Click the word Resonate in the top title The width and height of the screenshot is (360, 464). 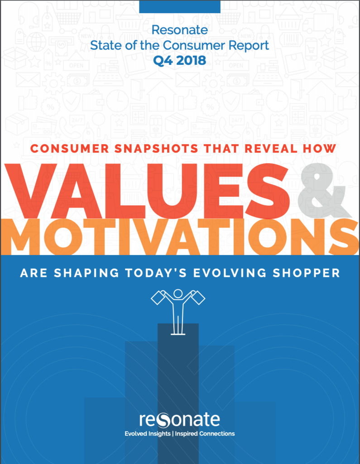[180, 30]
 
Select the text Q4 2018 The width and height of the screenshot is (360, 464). [180, 61]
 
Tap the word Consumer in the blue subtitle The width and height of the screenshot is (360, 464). [193, 45]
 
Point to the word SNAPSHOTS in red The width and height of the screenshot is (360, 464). [156, 149]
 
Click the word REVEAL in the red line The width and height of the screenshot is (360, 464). [271, 149]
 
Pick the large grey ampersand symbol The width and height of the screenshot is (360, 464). [322, 190]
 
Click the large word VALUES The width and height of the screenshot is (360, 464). [147, 191]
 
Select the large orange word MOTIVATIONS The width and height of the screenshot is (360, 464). [180, 237]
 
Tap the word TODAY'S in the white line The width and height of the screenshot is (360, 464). [156, 273]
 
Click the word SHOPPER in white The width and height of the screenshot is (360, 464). [307, 273]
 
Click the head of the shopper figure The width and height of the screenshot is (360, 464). [178, 294]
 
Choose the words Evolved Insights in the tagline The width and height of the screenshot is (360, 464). [148, 434]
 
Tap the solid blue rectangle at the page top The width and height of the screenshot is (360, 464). [180, 6]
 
